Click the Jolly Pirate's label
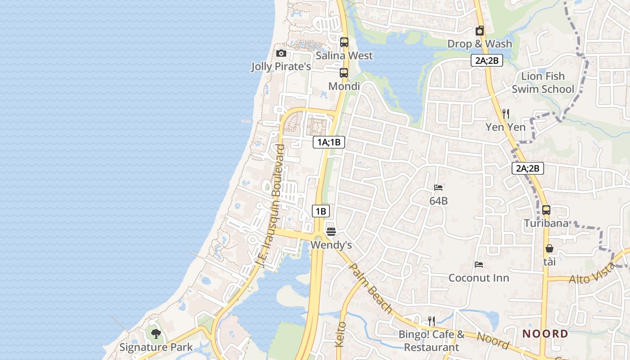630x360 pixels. [x=281, y=67]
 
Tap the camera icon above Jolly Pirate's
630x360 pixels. [x=281, y=54]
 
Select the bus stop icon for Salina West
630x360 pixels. [x=344, y=42]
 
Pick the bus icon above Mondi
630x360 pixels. [x=344, y=73]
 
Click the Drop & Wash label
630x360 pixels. [x=480, y=44]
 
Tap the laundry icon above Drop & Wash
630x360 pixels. [x=480, y=31]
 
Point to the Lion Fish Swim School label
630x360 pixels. [x=543, y=82]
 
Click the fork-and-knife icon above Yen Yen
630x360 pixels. [x=506, y=114]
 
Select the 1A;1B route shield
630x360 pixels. [x=329, y=143]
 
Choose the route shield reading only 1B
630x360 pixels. [x=320, y=211]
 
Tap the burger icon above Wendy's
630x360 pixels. [x=331, y=232]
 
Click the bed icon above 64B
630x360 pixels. [x=438, y=188]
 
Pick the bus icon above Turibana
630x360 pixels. [x=546, y=210]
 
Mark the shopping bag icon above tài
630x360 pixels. [x=549, y=248]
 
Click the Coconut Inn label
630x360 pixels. [x=479, y=278]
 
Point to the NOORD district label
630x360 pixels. [x=545, y=334]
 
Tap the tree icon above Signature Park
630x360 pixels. [x=156, y=334]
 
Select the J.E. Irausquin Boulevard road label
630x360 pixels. [x=270, y=207]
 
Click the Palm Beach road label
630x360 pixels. [x=371, y=288]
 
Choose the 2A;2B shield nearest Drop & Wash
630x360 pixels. [x=487, y=60]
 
